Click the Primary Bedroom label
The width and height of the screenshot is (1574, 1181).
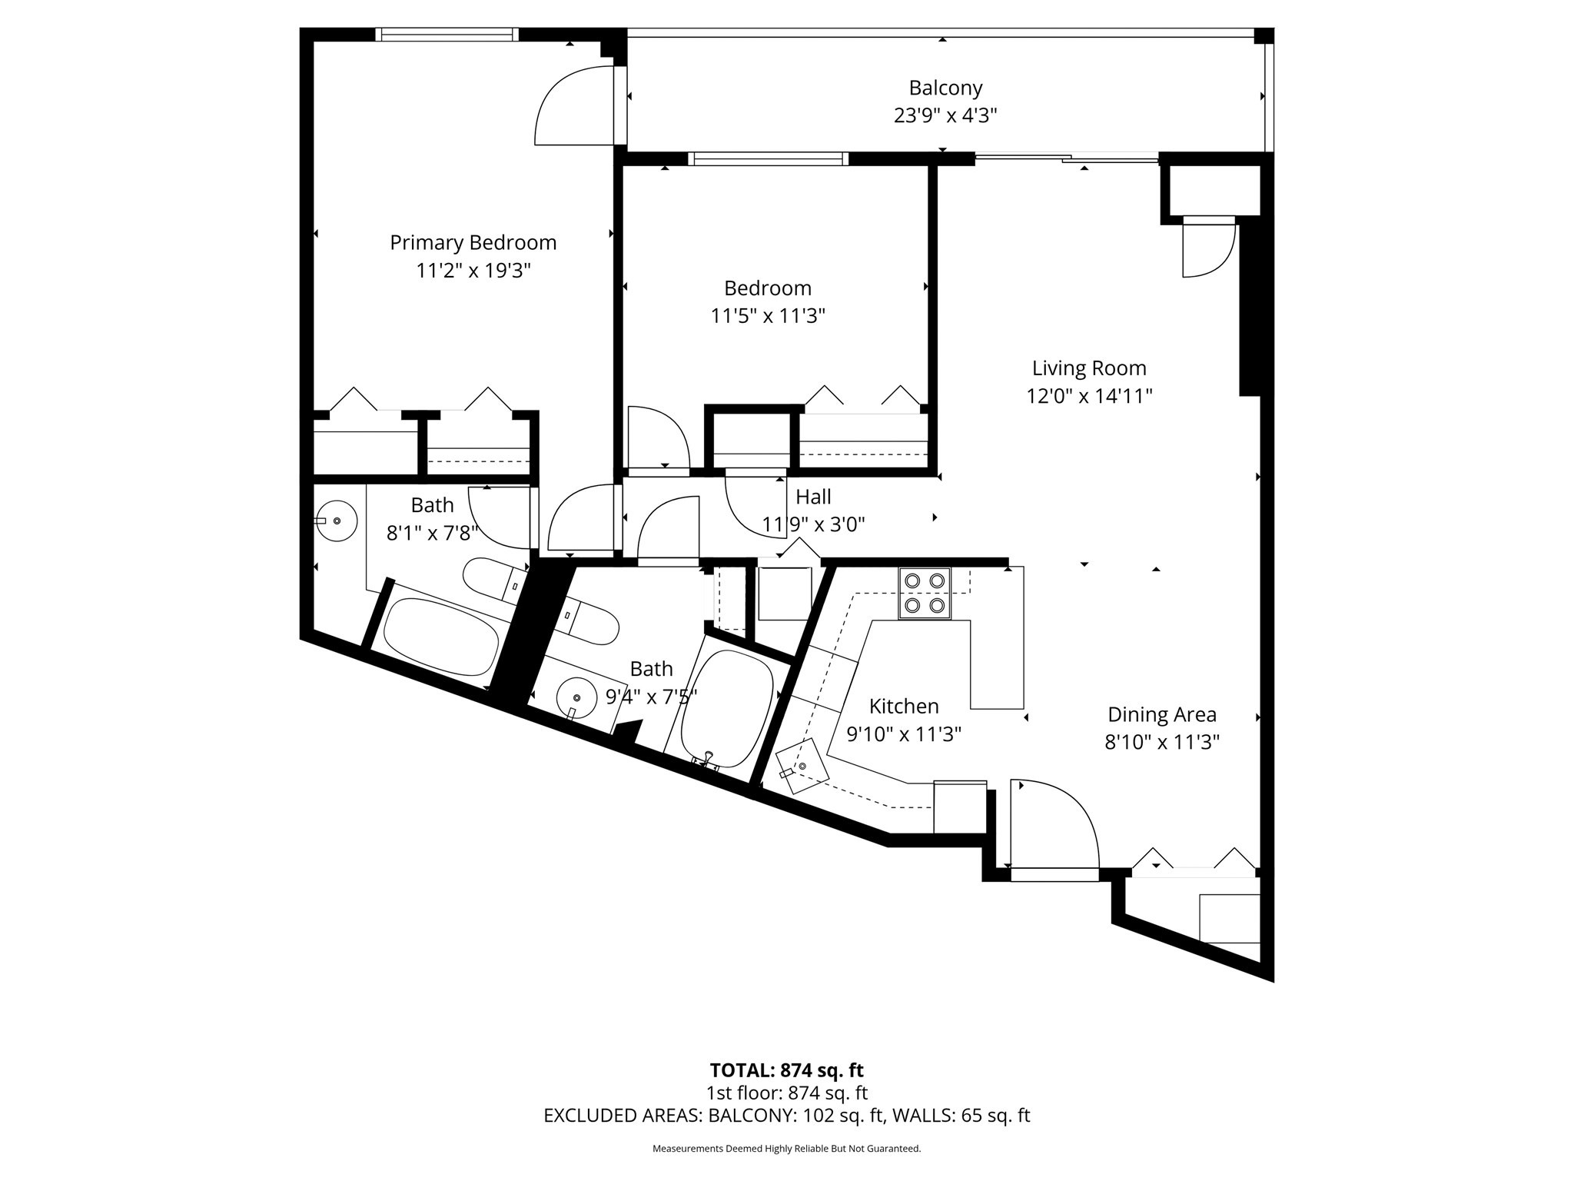click(473, 242)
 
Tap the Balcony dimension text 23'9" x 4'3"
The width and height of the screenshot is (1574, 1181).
click(945, 115)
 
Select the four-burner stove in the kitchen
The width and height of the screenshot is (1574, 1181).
click(925, 593)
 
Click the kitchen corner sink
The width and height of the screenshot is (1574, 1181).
click(802, 766)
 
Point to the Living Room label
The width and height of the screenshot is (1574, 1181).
click(1088, 368)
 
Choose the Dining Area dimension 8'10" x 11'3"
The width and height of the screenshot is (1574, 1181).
click(1161, 742)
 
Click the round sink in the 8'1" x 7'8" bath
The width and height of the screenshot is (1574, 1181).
click(337, 521)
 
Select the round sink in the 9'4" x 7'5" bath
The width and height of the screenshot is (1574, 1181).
click(576, 697)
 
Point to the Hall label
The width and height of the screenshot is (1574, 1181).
click(813, 497)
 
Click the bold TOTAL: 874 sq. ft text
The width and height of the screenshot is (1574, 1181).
click(786, 1070)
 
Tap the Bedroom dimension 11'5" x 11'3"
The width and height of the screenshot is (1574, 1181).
click(767, 316)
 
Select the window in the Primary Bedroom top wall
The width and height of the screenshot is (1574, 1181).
click(447, 34)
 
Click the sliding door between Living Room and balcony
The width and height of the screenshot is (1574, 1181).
click(1067, 159)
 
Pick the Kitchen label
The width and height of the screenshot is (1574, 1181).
click(903, 706)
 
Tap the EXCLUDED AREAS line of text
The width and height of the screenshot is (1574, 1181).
click(786, 1115)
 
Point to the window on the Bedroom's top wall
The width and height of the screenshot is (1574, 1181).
click(768, 159)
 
